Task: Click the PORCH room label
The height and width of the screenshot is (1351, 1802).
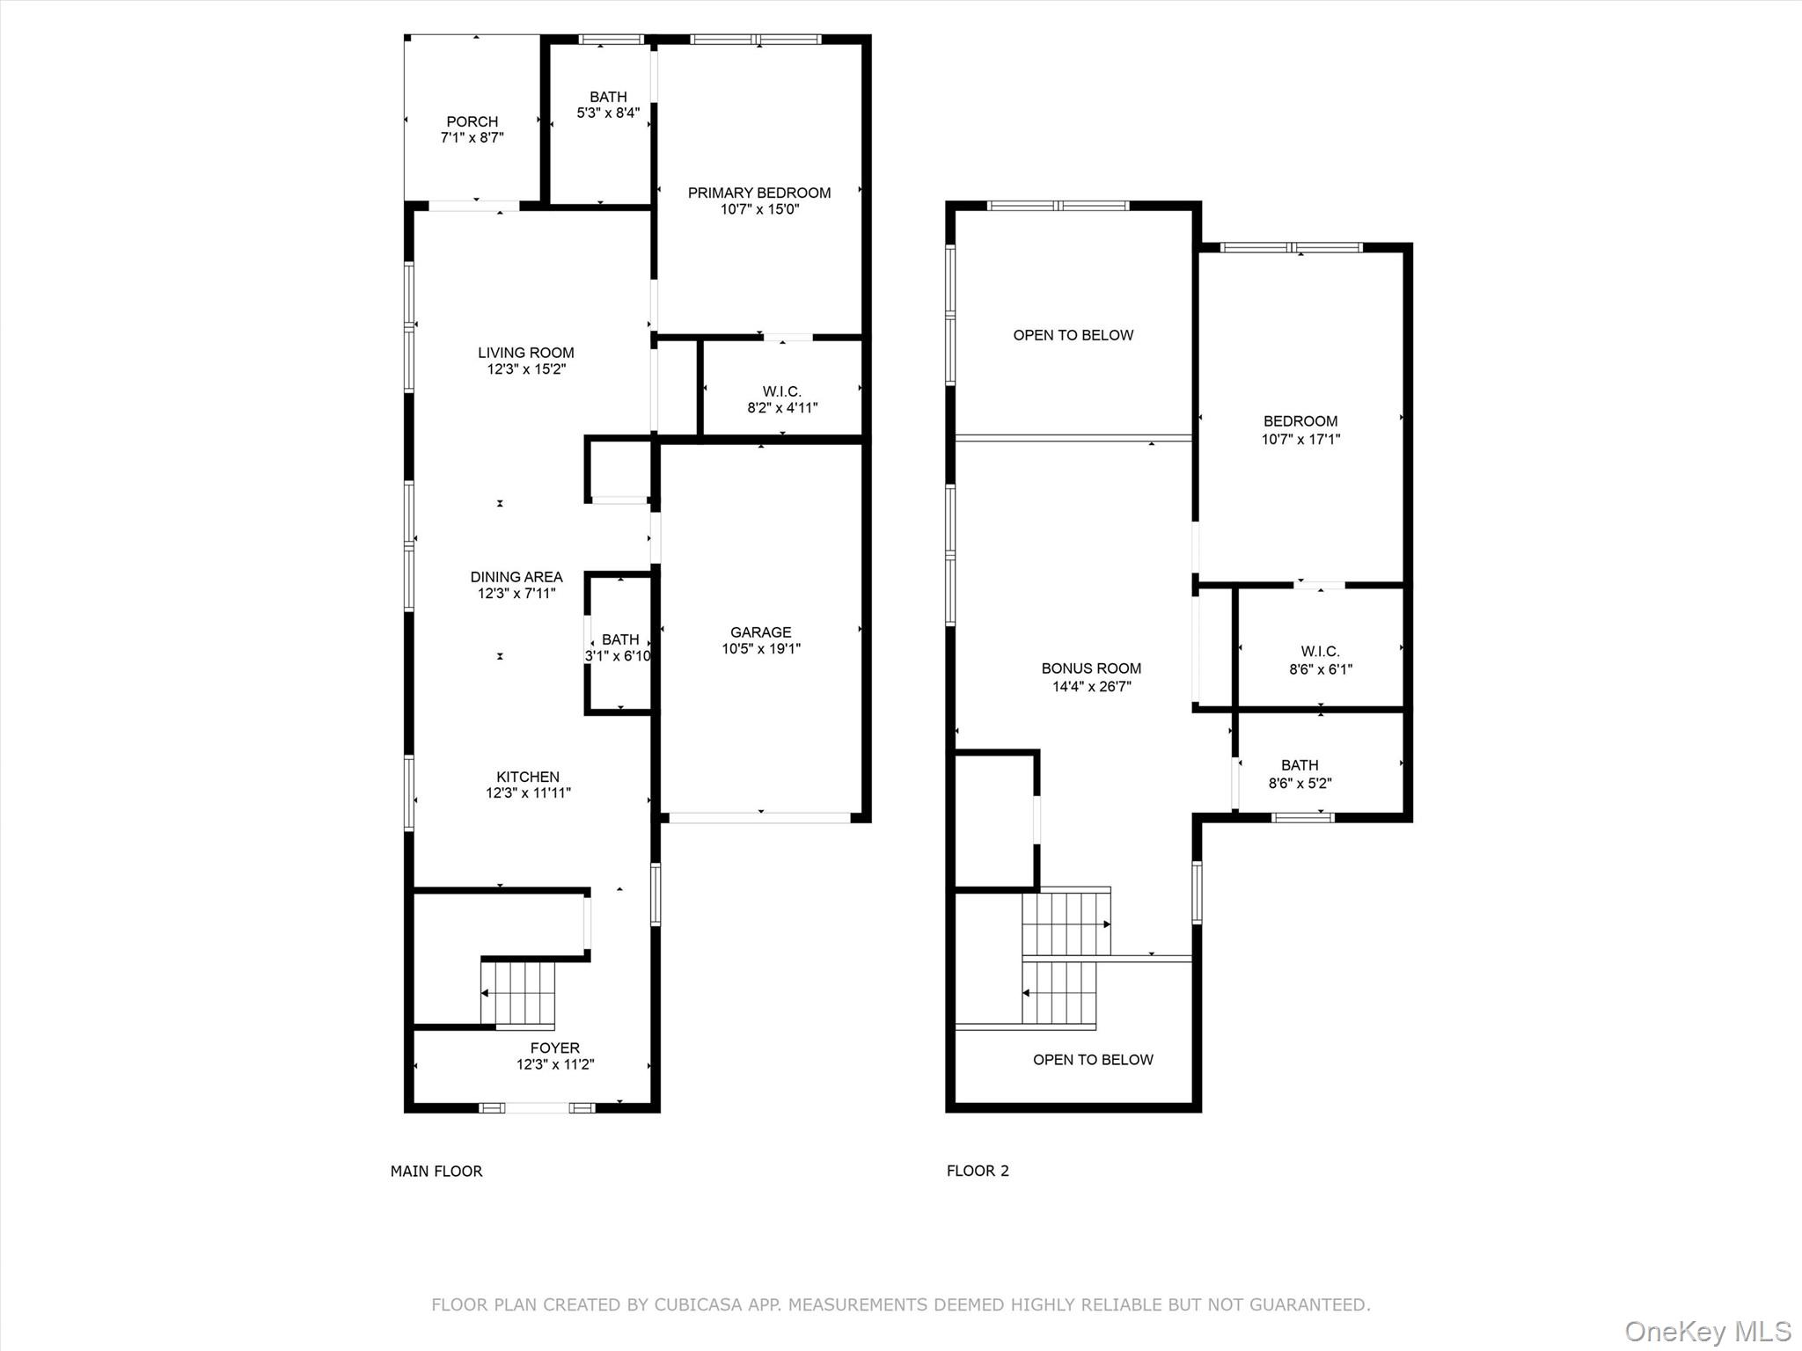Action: click(x=472, y=121)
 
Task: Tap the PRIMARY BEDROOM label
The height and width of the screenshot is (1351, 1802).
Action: click(x=759, y=193)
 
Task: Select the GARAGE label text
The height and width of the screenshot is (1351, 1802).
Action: click(x=761, y=632)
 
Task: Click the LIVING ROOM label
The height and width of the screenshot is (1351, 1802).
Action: click(x=526, y=353)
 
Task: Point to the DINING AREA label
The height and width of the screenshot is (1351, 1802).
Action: click(x=516, y=577)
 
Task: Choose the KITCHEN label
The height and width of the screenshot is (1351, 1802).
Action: click(x=528, y=777)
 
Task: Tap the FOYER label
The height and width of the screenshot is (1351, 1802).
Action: click(x=555, y=1048)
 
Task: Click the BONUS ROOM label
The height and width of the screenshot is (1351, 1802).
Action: click(x=1091, y=668)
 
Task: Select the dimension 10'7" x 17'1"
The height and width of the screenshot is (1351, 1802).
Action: click(x=1300, y=439)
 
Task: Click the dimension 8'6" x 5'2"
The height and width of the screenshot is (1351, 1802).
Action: click(x=1300, y=783)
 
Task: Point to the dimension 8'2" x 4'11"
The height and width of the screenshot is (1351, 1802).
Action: click(x=782, y=408)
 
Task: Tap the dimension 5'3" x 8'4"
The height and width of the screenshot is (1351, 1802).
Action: click(x=608, y=113)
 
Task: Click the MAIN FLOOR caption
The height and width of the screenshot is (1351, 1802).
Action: click(x=436, y=1171)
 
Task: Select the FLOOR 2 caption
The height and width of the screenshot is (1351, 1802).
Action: click(x=978, y=1171)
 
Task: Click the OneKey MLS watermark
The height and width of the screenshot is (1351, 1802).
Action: click(x=1708, y=1331)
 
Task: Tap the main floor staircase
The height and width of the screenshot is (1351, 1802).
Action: click(x=518, y=994)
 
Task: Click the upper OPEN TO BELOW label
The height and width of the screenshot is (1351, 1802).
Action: click(x=1073, y=335)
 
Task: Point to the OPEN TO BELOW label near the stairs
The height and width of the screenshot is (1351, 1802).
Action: click(x=1093, y=1060)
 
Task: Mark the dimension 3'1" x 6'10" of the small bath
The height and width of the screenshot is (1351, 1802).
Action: click(x=619, y=656)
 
